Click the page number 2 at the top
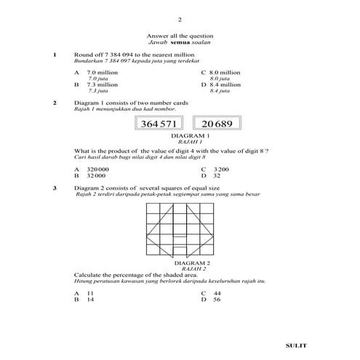click(180, 19)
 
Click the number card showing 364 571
click(160, 124)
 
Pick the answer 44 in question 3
click(216, 292)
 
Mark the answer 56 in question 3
click(216, 299)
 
